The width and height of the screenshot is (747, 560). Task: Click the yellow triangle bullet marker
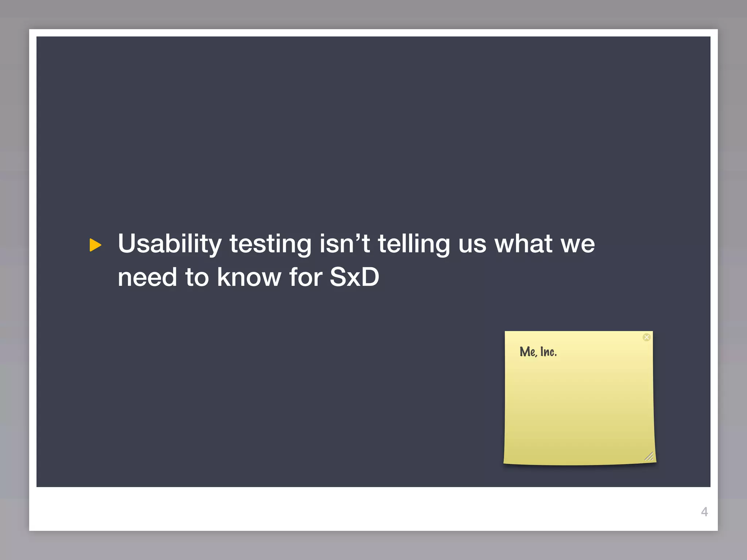tap(95, 245)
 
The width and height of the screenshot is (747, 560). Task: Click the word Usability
tap(170, 244)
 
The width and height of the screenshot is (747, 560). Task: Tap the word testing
tap(270, 244)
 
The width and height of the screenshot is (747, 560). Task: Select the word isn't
tap(345, 243)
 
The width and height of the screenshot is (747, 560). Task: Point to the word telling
tap(414, 244)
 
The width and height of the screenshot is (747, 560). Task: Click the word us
tap(472, 244)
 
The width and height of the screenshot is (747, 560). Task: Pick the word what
tap(523, 243)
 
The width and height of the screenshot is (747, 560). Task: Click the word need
tap(147, 277)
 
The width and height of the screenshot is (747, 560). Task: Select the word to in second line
tap(197, 277)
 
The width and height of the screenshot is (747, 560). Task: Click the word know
tap(249, 277)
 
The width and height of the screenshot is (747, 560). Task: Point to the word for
tap(306, 277)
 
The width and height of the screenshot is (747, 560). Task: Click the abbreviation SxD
tap(354, 277)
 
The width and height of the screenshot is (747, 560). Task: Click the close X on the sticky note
tap(646, 337)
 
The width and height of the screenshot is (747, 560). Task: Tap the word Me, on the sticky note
tap(528, 352)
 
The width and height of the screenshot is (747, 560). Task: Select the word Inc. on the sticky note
tap(548, 352)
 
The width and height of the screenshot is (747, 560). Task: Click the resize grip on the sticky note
tap(649, 456)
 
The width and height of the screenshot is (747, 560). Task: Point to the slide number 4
tap(704, 512)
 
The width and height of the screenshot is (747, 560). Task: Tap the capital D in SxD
tap(369, 277)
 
